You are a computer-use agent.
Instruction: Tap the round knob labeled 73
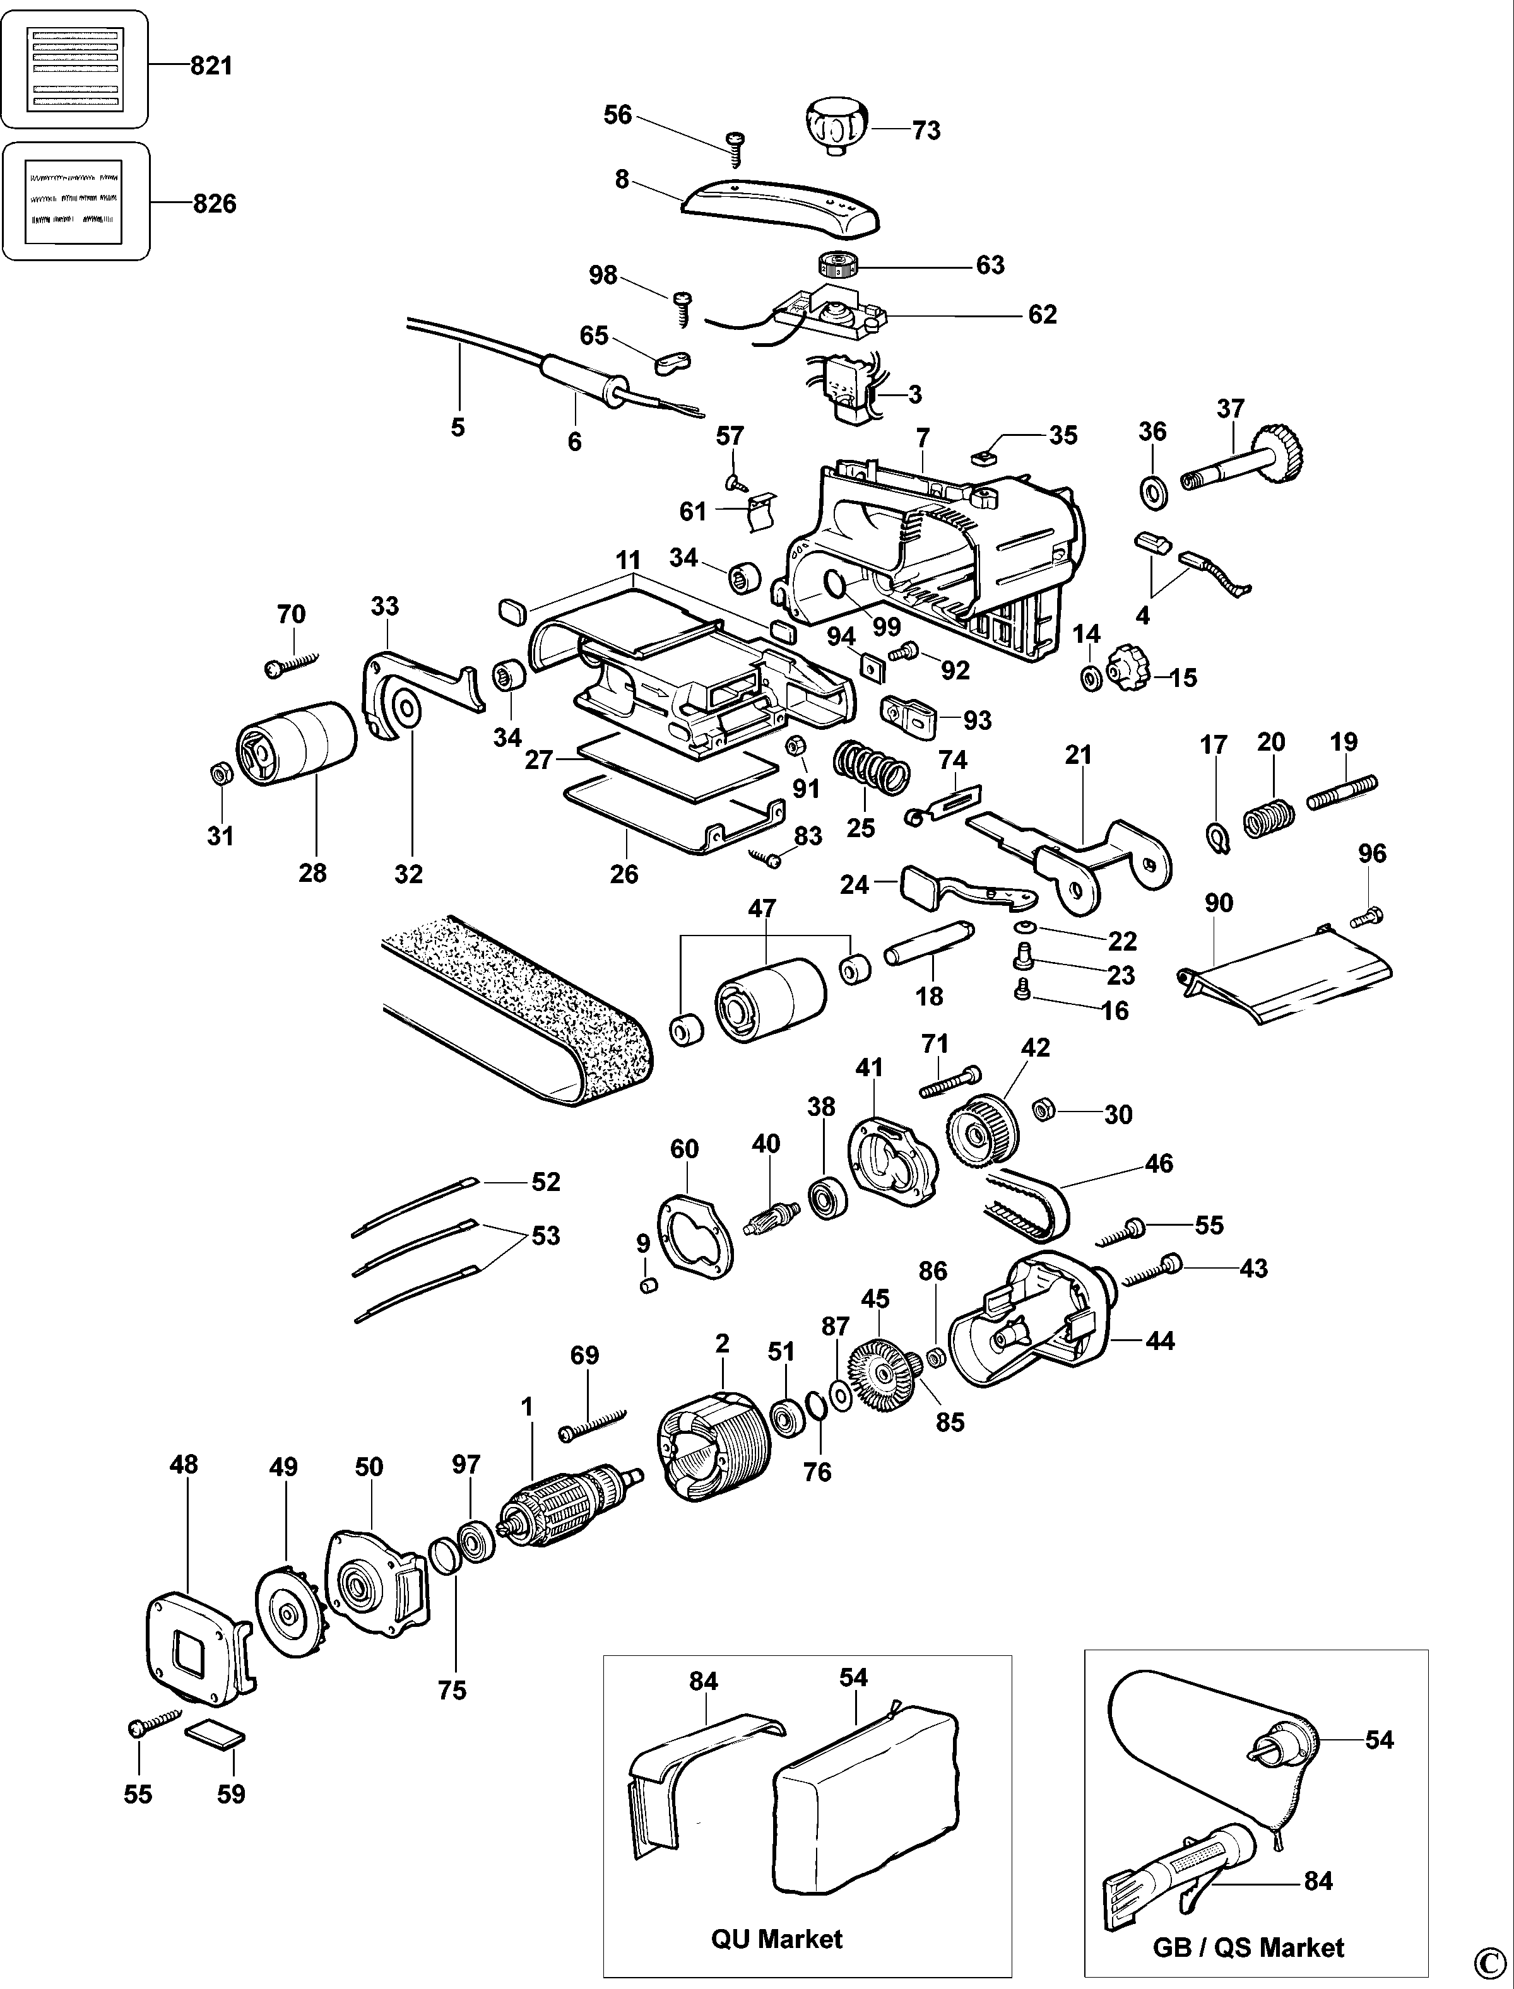pos(836,127)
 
